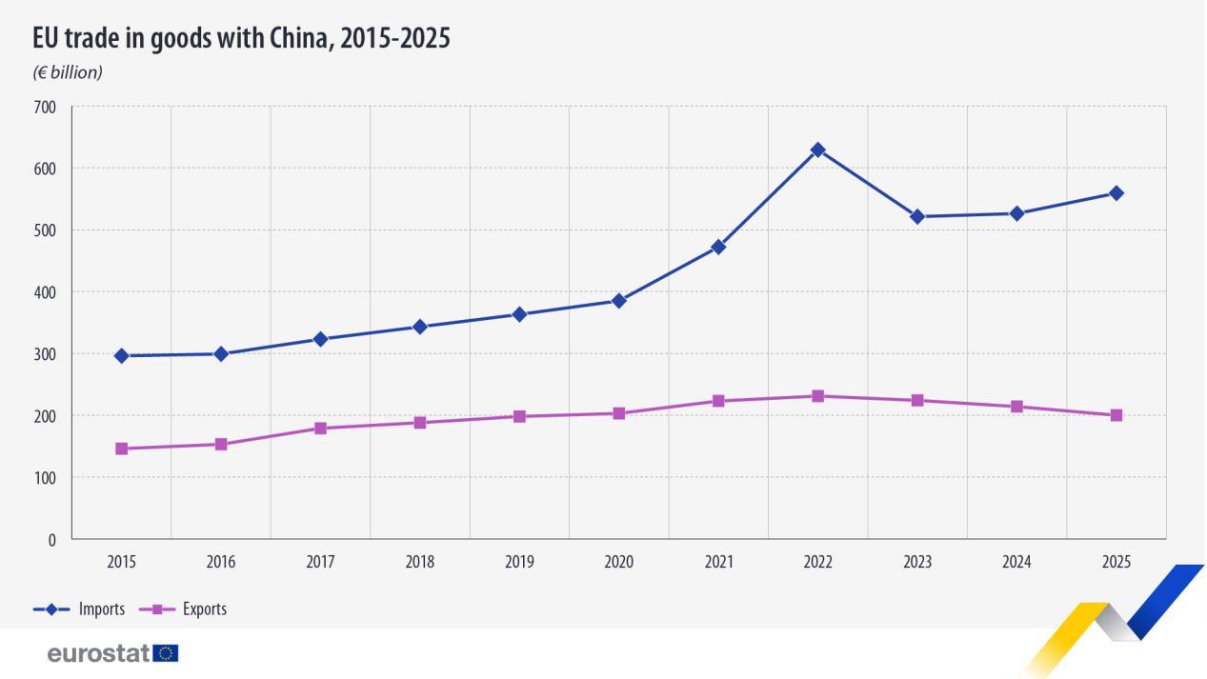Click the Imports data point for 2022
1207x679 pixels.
tap(818, 150)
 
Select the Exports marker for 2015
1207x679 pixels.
tap(122, 449)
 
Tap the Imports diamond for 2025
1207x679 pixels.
tap(1116, 193)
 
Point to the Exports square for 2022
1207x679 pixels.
tap(818, 396)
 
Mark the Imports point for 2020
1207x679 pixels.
tap(619, 301)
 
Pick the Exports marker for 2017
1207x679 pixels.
tap(321, 429)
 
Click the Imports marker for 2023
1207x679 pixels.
tap(917, 217)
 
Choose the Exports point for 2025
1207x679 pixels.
tap(1116, 415)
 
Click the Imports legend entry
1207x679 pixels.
tap(79, 609)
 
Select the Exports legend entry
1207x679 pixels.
tap(183, 609)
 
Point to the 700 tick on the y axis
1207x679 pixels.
tap(45, 108)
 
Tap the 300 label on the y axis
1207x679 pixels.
tap(45, 354)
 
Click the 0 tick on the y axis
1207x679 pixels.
tap(51, 540)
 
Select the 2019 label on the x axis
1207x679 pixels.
tap(519, 562)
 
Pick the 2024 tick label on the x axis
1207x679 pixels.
tap(1016, 562)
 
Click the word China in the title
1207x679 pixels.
tap(302, 38)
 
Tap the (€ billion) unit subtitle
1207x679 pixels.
tap(68, 72)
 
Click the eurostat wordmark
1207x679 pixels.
tap(98, 653)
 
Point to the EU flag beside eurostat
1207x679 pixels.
tap(166, 653)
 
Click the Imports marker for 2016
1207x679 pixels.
tap(221, 354)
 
